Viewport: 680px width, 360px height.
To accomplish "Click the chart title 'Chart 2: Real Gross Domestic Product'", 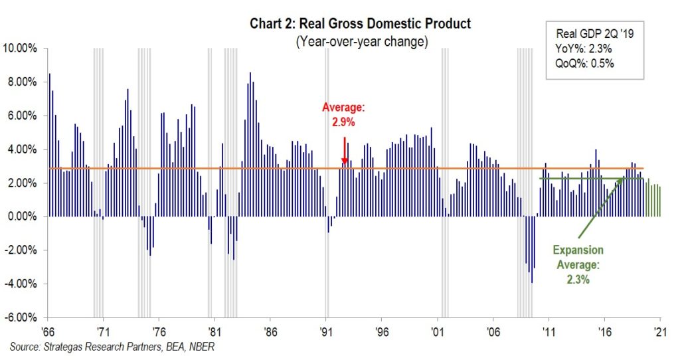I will (360, 24).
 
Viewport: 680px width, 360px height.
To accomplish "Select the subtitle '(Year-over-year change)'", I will (360, 41).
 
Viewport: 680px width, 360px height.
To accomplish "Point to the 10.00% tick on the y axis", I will (22, 48).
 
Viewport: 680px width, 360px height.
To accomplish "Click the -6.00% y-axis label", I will (21, 317).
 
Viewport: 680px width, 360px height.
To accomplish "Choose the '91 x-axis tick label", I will (325, 331).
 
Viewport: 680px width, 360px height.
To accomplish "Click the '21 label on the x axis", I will (660, 331).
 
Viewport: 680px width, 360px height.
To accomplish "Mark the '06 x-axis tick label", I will (493, 331).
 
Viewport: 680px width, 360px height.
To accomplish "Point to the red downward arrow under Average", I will (345, 150).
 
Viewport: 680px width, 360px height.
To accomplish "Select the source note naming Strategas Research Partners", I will (113, 346).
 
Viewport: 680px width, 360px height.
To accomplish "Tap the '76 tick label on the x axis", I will (158, 331).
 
